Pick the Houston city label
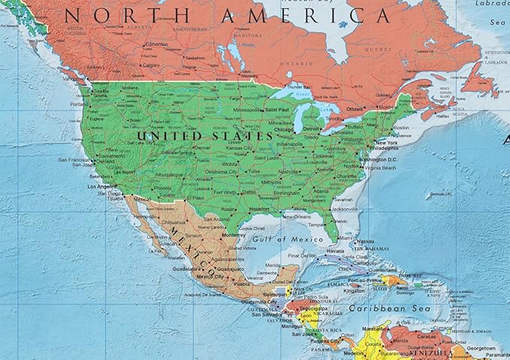click(x=259, y=208)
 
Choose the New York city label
click(x=387, y=143)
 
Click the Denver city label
click(x=203, y=147)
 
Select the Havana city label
click(x=335, y=251)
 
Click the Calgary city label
click(x=151, y=65)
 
